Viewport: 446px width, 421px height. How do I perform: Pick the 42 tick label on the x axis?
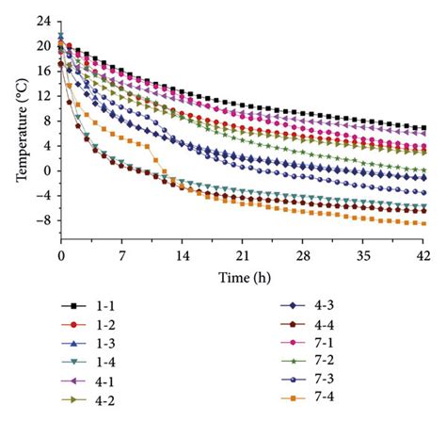coord(424,255)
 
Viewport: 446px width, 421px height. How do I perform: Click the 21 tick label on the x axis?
coord(243,255)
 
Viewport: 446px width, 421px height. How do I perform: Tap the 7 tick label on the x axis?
coord(121,255)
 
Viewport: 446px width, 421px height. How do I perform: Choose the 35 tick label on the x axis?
coord(364,255)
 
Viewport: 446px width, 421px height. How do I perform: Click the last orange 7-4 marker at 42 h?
coord(424,223)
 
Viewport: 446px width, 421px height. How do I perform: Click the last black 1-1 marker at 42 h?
coord(424,127)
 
